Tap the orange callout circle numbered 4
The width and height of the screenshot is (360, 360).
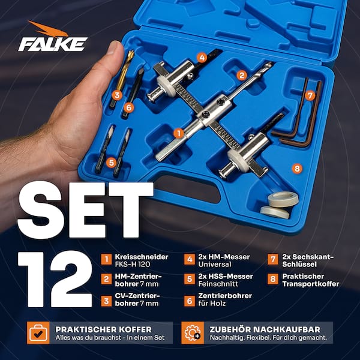click(x=202, y=58)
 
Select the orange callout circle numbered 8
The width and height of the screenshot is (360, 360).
click(x=297, y=169)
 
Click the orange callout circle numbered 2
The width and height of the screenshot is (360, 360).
click(x=242, y=76)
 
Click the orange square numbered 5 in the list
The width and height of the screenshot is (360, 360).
click(x=190, y=279)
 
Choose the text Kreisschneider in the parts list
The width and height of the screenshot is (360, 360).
click(x=142, y=257)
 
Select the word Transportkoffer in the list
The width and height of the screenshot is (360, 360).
click(x=311, y=284)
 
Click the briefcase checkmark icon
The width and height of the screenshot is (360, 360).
click(x=38, y=332)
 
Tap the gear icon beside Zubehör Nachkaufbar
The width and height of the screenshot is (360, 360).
click(x=193, y=332)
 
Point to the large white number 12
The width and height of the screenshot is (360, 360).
click(x=55, y=279)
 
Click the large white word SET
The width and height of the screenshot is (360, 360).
click(x=85, y=210)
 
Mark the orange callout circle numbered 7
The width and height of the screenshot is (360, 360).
click(x=310, y=95)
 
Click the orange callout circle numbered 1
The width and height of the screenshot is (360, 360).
click(x=179, y=133)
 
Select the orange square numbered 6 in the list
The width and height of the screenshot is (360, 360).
click(x=190, y=301)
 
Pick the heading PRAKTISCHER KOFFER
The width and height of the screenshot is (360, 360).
click(x=103, y=329)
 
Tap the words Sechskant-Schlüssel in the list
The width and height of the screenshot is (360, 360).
click(x=308, y=260)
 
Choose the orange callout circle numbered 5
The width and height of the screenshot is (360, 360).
click(x=112, y=163)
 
